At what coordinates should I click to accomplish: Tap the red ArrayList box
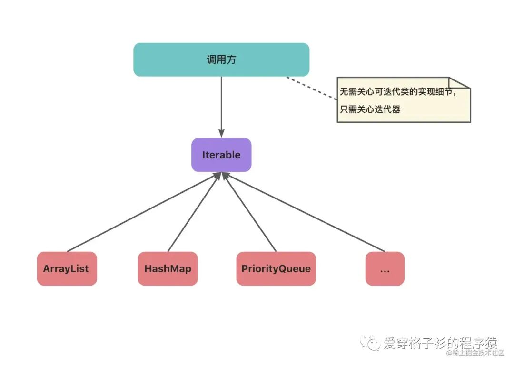coord(67,268)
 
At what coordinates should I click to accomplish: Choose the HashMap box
coord(168,268)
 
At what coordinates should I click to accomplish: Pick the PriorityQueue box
coord(276,268)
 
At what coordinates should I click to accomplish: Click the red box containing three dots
coord(385,268)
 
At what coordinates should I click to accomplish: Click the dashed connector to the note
coord(312,88)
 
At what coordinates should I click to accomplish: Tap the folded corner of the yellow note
coord(460,83)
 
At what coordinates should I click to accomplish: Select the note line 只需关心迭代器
coord(370,109)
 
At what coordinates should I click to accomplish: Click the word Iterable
coord(221,155)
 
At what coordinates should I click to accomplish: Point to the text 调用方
coord(221,59)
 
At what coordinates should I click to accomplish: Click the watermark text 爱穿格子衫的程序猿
coord(440,342)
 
